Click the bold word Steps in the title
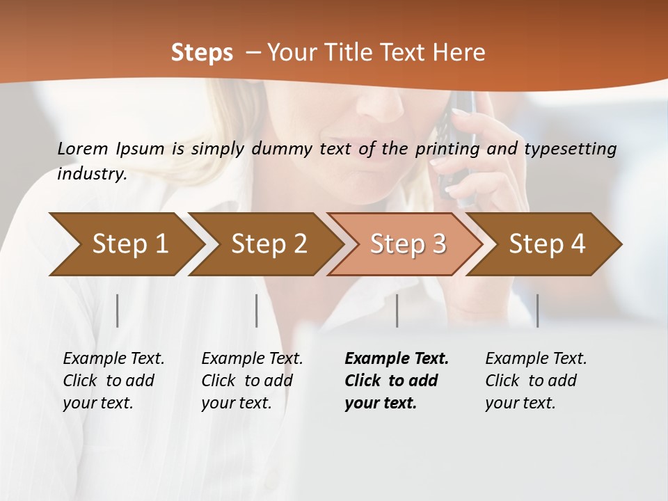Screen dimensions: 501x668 (x=202, y=53)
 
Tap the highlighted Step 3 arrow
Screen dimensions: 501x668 (x=408, y=244)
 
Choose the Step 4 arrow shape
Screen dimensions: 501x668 (x=547, y=244)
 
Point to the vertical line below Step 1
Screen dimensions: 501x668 (x=118, y=310)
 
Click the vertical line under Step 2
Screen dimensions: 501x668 (x=257, y=310)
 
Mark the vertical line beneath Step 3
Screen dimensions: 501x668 (x=397, y=310)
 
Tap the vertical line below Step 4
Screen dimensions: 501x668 (x=538, y=310)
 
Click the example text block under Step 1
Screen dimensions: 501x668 (x=113, y=380)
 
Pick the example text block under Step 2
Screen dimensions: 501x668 (x=252, y=380)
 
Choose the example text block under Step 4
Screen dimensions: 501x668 (x=536, y=380)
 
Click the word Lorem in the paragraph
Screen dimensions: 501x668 (x=83, y=148)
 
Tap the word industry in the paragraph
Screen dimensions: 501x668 (x=92, y=174)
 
